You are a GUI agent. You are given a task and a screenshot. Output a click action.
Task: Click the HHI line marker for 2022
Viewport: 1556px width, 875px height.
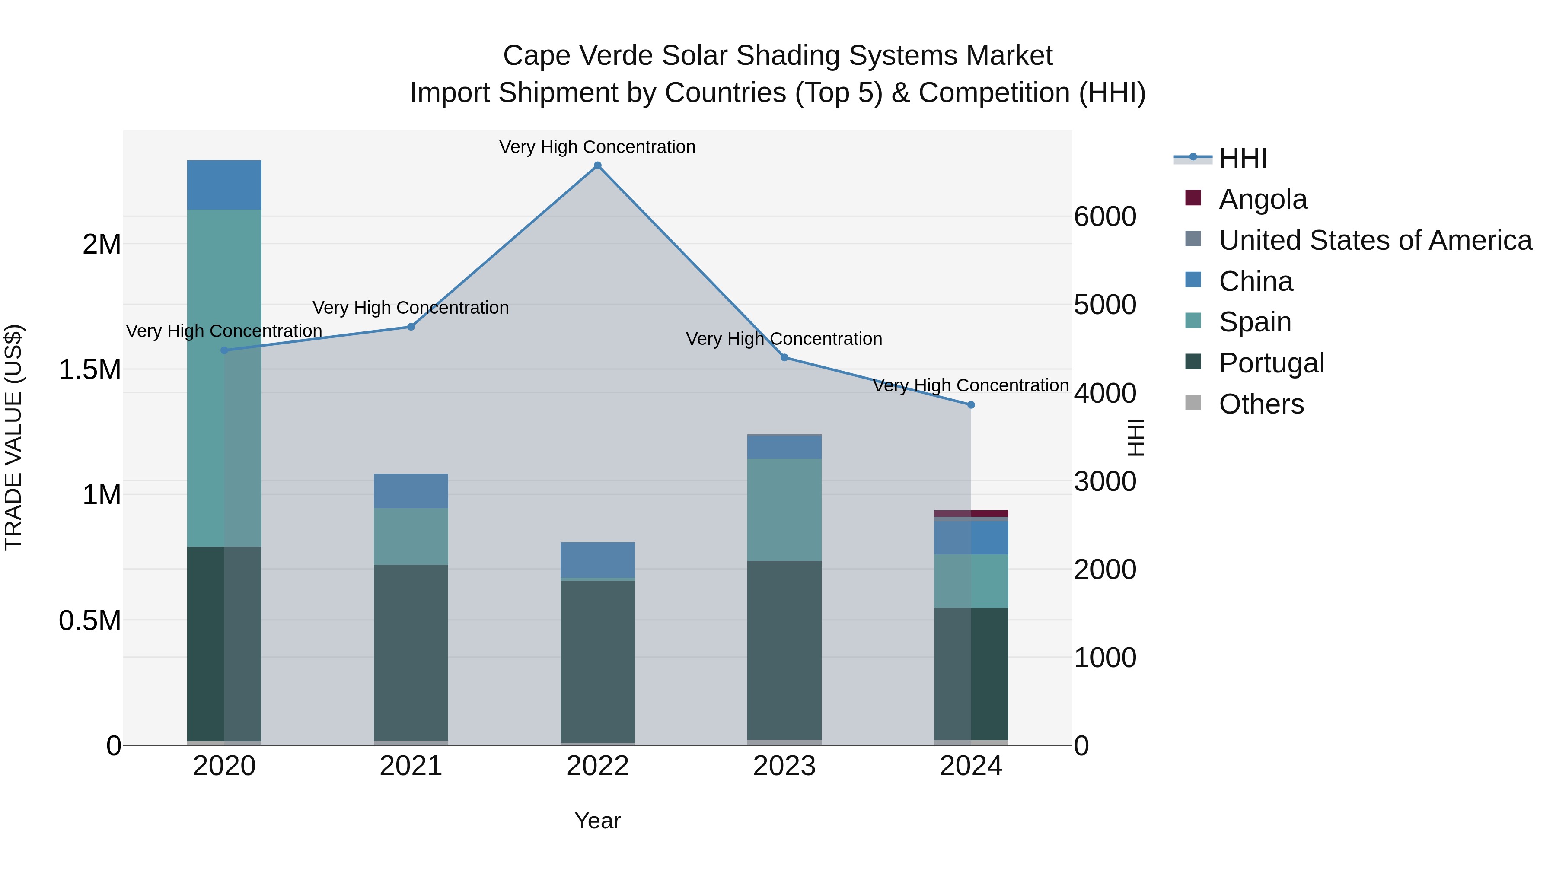coord(597,165)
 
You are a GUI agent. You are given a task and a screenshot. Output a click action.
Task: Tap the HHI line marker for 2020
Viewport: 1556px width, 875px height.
coord(224,350)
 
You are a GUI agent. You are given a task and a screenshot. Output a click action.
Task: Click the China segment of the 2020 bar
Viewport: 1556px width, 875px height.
coord(224,185)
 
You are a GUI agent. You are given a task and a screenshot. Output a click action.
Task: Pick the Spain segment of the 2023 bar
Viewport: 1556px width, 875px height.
coord(784,510)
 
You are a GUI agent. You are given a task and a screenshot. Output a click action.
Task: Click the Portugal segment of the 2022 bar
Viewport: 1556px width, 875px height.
coord(597,661)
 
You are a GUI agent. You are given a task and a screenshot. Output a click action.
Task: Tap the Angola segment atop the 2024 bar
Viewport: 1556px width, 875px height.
coord(971,513)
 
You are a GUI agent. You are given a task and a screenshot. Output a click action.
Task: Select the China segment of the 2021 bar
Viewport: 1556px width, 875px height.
coord(411,491)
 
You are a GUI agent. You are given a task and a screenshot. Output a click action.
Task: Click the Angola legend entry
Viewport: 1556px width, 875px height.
coord(1263,199)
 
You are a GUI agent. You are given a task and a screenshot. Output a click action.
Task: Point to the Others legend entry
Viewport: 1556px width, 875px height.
coord(1261,404)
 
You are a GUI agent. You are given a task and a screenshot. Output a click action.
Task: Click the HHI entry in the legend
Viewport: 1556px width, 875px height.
coord(1243,158)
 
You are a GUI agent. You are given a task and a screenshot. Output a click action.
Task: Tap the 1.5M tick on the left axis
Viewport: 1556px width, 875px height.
coord(89,369)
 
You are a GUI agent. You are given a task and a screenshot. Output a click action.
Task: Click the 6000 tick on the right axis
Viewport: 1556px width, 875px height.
coord(1105,217)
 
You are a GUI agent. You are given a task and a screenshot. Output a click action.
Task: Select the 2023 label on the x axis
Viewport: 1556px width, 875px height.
coord(784,766)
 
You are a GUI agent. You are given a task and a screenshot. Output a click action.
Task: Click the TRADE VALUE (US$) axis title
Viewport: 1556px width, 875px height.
coord(13,437)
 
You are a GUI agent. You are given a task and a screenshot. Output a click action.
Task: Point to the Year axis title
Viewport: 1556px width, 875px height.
coord(597,821)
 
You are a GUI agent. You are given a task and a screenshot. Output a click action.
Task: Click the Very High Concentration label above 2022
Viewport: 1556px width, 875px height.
coord(597,147)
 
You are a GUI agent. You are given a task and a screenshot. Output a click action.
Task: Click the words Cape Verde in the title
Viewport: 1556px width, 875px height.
coord(577,56)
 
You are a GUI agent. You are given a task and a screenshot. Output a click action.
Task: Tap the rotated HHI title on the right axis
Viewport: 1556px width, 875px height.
coord(1135,437)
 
